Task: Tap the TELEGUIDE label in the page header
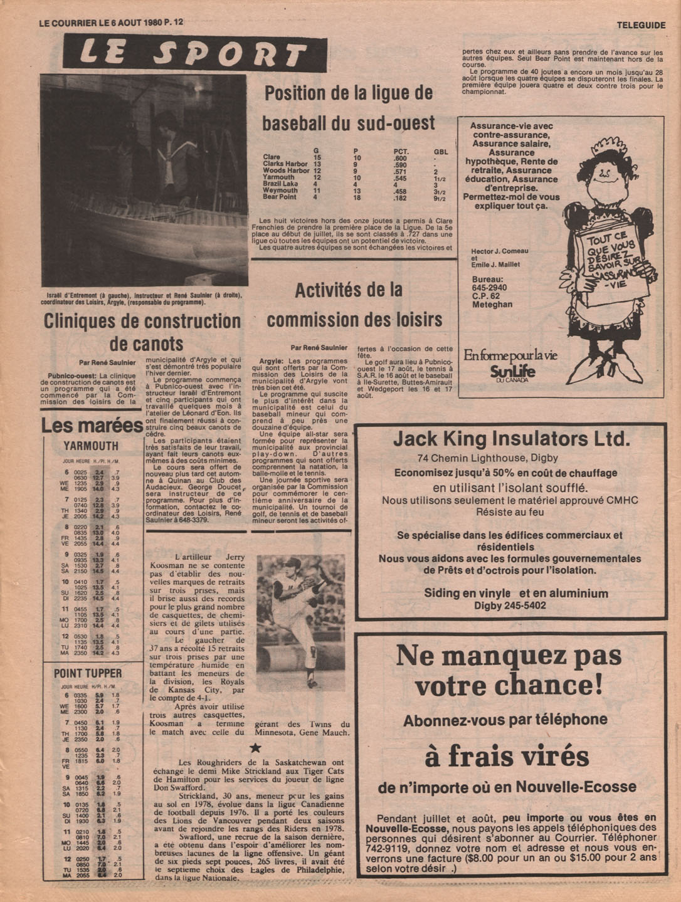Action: point(640,25)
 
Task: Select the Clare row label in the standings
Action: point(272,157)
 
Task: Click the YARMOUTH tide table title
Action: point(91,446)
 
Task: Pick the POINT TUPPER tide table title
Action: point(88,673)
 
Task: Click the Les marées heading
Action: point(92,426)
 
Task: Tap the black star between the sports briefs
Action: point(255,747)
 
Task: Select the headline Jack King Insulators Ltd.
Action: point(511,438)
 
